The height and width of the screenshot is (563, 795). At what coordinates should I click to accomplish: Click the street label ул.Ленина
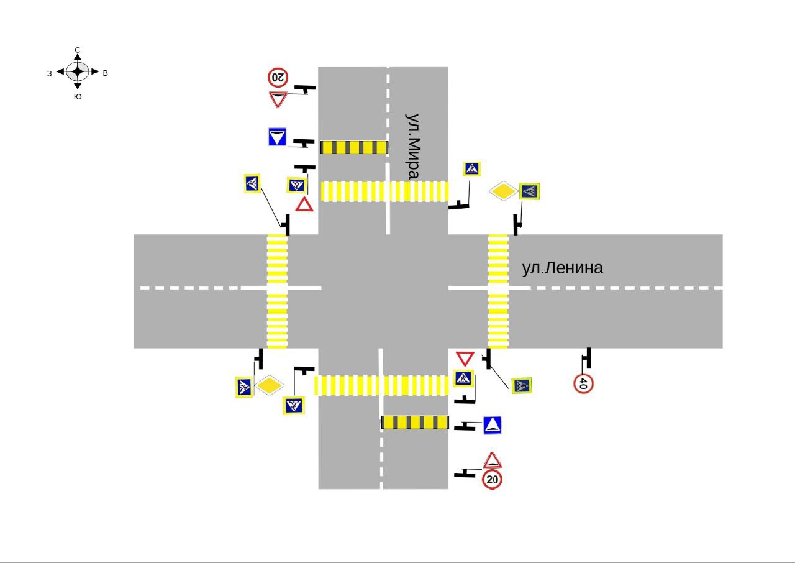[x=562, y=268]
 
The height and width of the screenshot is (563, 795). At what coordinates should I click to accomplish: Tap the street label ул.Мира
[x=412, y=146]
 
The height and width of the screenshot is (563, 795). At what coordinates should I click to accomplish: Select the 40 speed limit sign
[x=583, y=383]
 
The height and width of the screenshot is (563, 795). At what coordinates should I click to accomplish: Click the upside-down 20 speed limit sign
[x=278, y=77]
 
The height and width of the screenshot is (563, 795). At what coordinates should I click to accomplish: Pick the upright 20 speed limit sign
[x=492, y=480]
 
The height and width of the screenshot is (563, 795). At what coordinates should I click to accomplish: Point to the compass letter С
[x=78, y=50]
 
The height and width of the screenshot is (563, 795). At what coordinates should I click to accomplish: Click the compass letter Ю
[x=78, y=96]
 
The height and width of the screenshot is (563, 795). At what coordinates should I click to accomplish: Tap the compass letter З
[x=49, y=73]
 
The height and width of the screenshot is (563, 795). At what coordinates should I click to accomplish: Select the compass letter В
[x=106, y=73]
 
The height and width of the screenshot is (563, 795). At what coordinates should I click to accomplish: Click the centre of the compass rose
[x=78, y=71]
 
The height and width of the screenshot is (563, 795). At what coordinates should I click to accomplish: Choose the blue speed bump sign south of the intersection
[x=493, y=425]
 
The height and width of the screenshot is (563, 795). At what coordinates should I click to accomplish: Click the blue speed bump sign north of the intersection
[x=277, y=137]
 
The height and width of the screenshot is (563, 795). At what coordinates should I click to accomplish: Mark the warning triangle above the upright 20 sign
[x=493, y=460]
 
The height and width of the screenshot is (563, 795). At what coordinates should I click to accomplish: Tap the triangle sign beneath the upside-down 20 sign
[x=278, y=99]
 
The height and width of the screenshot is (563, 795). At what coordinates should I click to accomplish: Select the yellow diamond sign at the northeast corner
[x=503, y=191]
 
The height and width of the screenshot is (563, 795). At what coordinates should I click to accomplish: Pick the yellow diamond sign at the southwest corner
[x=270, y=385]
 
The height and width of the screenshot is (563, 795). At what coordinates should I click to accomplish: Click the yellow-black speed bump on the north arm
[x=354, y=147]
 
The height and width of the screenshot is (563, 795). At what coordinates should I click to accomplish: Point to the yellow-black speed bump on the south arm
[x=415, y=423]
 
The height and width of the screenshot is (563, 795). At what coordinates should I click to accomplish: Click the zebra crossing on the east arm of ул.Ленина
[x=498, y=291]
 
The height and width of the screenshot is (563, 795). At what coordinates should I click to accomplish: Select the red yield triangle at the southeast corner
[x=465, y=359]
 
